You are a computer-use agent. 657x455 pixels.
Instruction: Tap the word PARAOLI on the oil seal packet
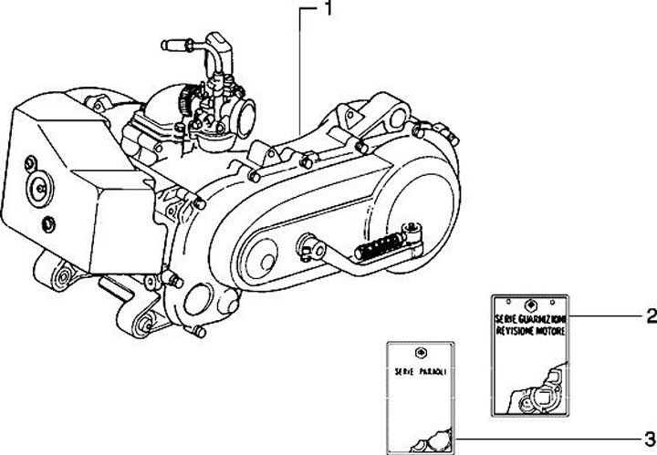click(x=432, y=373)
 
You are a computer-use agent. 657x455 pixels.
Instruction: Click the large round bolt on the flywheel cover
click(x=41, y=188)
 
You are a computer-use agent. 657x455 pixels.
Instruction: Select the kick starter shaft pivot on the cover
click(x=305, y=243)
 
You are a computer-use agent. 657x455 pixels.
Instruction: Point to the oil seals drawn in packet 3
click(x=429, y=441)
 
